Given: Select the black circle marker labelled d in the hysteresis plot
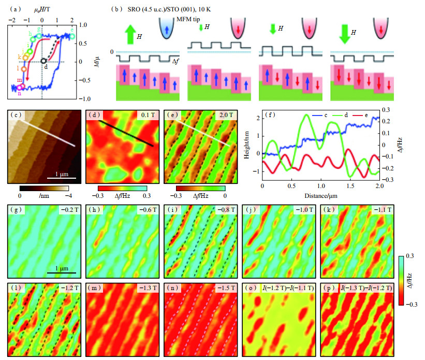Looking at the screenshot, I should click(x=45, y=62).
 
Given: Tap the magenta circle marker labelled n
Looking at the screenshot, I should click(x=21, y=88).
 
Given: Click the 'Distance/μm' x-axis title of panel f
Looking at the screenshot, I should click(x=320, y=196).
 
